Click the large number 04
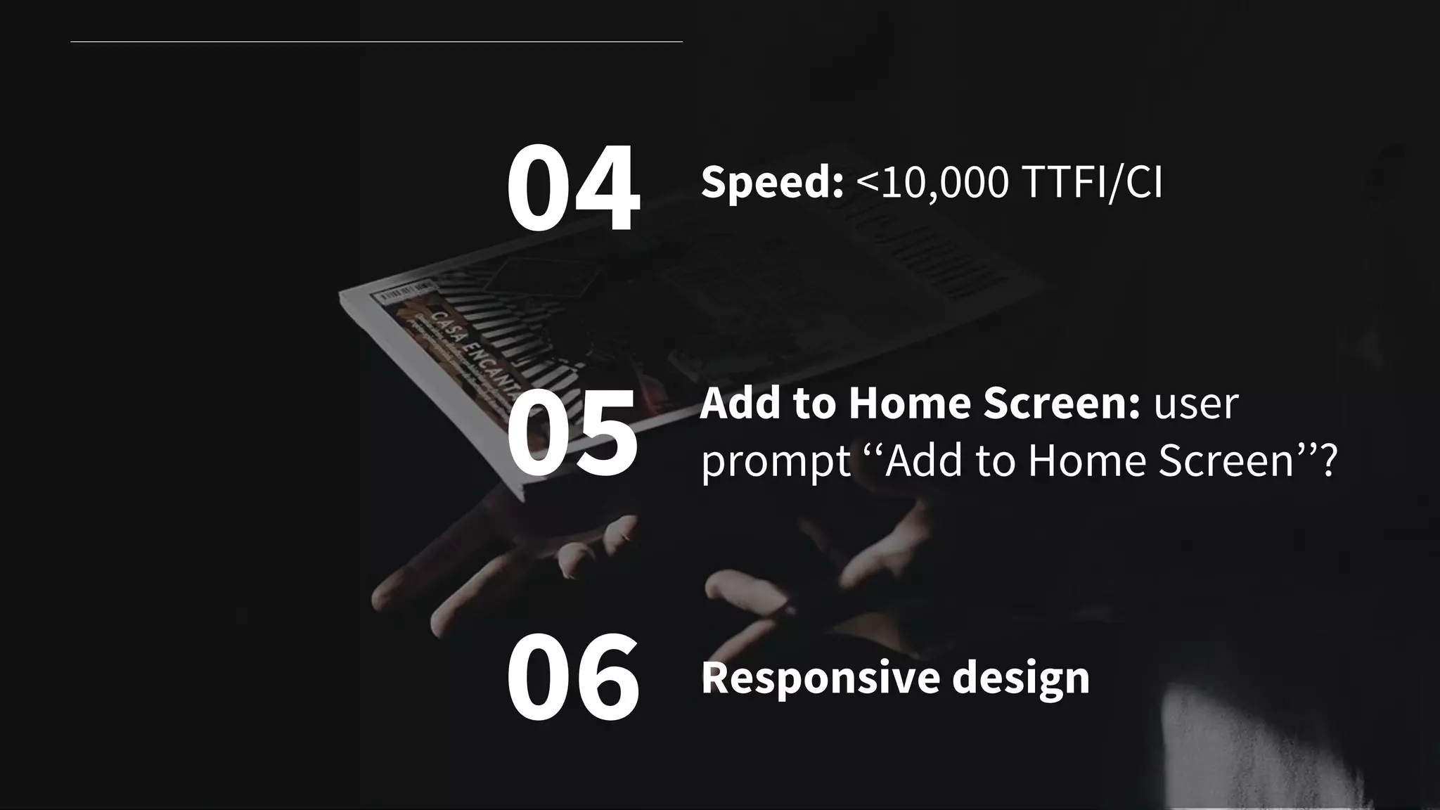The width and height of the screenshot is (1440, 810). (572, 188)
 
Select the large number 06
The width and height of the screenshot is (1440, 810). (572, 676)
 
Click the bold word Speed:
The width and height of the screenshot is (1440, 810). (772, 182)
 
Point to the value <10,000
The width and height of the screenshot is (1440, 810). (932, 182)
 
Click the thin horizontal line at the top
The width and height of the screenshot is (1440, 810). (376, 41)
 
